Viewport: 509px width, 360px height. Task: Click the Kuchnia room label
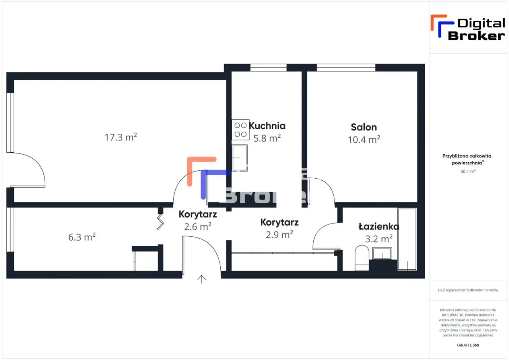pos(267,126)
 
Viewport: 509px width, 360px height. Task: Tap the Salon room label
pos(363,127)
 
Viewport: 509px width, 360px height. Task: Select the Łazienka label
pos(379,227)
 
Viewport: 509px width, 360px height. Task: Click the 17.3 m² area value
pos(121,138)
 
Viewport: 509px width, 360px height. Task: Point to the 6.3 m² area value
pos(82,237)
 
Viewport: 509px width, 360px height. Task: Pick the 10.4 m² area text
pos(363,140)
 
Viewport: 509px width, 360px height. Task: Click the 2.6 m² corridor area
pos(198,226)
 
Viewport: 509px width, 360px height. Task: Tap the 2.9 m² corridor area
pos(279,234)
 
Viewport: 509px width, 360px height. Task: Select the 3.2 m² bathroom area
pos(379,239)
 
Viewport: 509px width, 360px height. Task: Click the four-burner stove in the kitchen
pos(241,129)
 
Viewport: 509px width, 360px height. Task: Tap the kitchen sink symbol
pos(240,158)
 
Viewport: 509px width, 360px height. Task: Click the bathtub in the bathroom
pos(407,239)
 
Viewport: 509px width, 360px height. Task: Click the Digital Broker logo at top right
pos(468,28)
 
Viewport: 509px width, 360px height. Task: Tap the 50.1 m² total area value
pos(468,171)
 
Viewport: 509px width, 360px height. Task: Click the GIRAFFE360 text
pos(468,345)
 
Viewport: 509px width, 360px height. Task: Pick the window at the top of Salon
pos(346,68)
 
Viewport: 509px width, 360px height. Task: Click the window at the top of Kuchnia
pos(268,68)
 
